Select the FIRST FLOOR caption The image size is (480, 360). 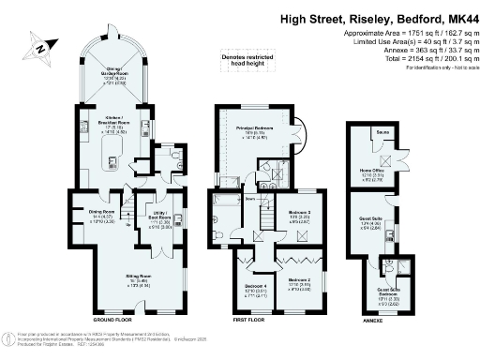251,320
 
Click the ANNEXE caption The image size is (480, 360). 375,320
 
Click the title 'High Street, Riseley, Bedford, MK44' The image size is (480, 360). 370,17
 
